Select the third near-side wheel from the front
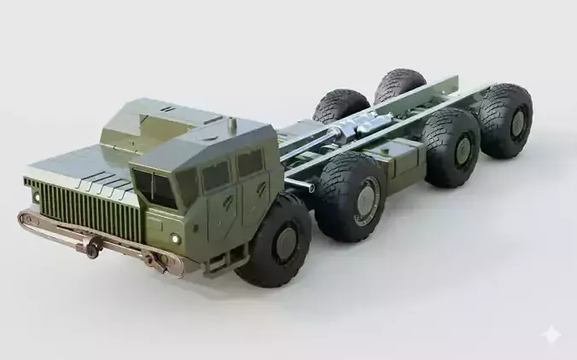[x=450, y=148]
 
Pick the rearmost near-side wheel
[x=504, y=119]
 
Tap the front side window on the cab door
[x=214, y=176]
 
